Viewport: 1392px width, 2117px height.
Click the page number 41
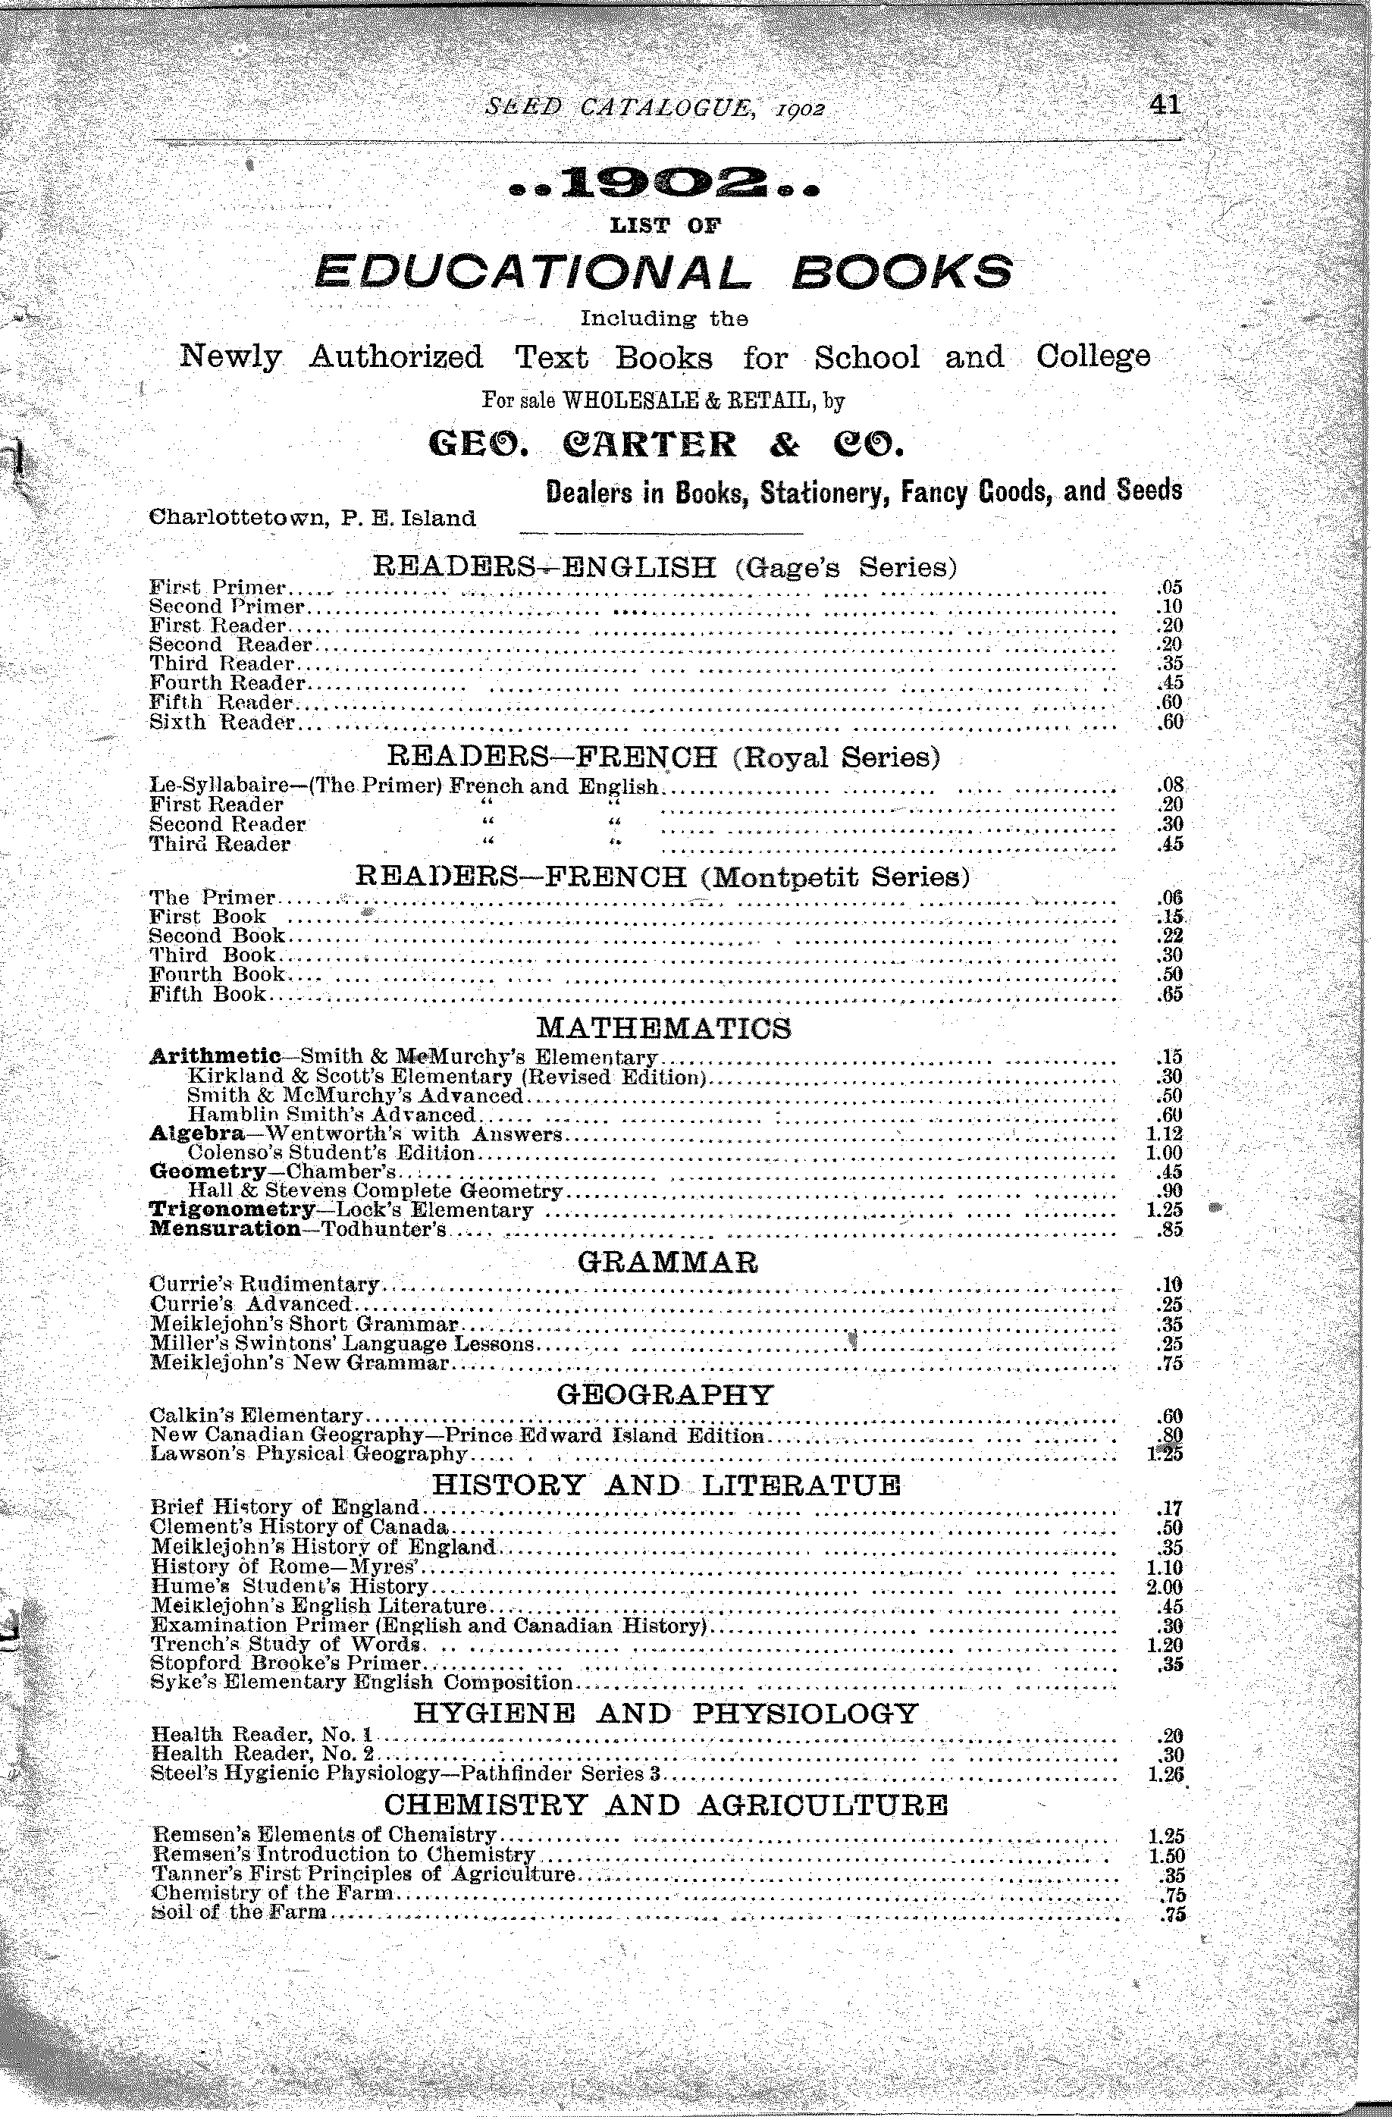click(x=1165, y=106)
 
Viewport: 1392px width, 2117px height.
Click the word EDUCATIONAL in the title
click(x=530, y=271)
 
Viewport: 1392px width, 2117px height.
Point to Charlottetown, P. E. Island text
click(x=313, y=518)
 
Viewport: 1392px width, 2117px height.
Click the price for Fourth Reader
click(x=1170, y=683)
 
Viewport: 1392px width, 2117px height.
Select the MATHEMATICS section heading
click(x=663, y=1028)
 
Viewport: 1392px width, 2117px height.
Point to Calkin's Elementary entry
click(x=257, y=1414)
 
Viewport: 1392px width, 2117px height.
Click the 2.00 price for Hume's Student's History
click(x=1165, y=1586)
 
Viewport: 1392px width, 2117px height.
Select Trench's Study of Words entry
click(x=284, y=1644)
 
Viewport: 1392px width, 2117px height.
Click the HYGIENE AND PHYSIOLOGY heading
click(x=666, y=1713)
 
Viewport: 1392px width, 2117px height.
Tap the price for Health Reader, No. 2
click(x=1170, y=1754)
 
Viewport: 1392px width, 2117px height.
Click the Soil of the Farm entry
click(x=240, y=1912)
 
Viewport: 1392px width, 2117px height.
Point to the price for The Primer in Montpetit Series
click(x=1170, y=898)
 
